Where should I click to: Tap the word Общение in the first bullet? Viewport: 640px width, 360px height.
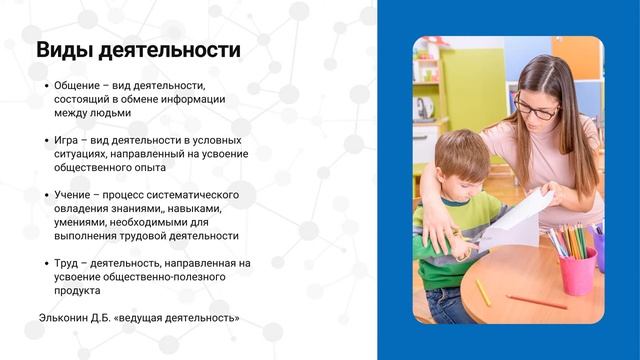pyautogui.click(x=79, y=86)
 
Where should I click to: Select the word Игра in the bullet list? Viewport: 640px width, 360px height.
pyautogui.click(x=66, y=141)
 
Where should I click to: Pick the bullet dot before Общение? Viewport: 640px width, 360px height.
pyautogui.click(x=46, y=86)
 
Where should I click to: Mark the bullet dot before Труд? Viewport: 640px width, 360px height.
pyautogui.click(x=46, y=263)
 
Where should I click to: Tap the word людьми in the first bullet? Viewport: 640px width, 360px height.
pyautogui.click(x=110, y=113)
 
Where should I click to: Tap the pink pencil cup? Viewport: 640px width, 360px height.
pyautogui.click(x=577, y=271)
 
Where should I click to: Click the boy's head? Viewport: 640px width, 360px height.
pyautogui.click(x=462, y=158)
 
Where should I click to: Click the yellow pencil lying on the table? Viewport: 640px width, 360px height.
pyautogui.click(x=482, y=292)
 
